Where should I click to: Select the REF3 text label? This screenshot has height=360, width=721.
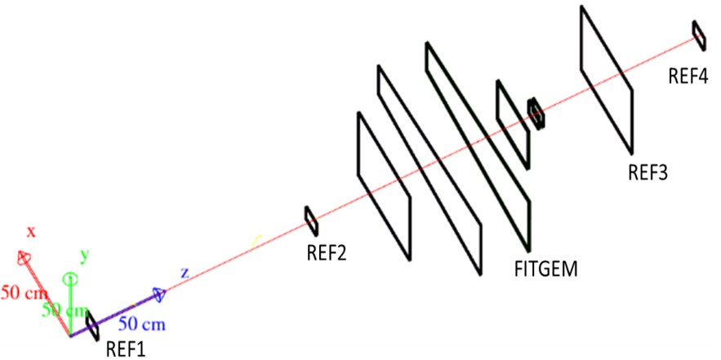pyautogui.click(x=648, y=172)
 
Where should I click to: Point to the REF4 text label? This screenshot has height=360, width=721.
pyautogui.click(x=688, y=77)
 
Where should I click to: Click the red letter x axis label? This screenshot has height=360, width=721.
pyautogui.click(x=31, y=232)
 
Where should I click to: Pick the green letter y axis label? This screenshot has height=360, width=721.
pyautogui.click(x=83, y=255)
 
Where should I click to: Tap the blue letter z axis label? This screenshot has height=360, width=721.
pyautogui.click(x=185, y=273)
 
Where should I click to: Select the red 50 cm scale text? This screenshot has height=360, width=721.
pyautogui.click(x=20, y=291)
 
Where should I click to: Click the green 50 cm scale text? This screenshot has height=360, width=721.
pyautogui.click(x=63, y=310)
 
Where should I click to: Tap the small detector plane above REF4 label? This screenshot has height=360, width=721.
pyautogui.click(x=699, y=33)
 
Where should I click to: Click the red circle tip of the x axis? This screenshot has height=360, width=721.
pyautogui.click(x=25, y=259)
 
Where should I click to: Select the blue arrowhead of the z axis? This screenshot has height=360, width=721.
pyautogui.click(x=158, y=294)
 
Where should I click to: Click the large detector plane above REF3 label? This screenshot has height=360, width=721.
pyautogui.click(x=606, y=78)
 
